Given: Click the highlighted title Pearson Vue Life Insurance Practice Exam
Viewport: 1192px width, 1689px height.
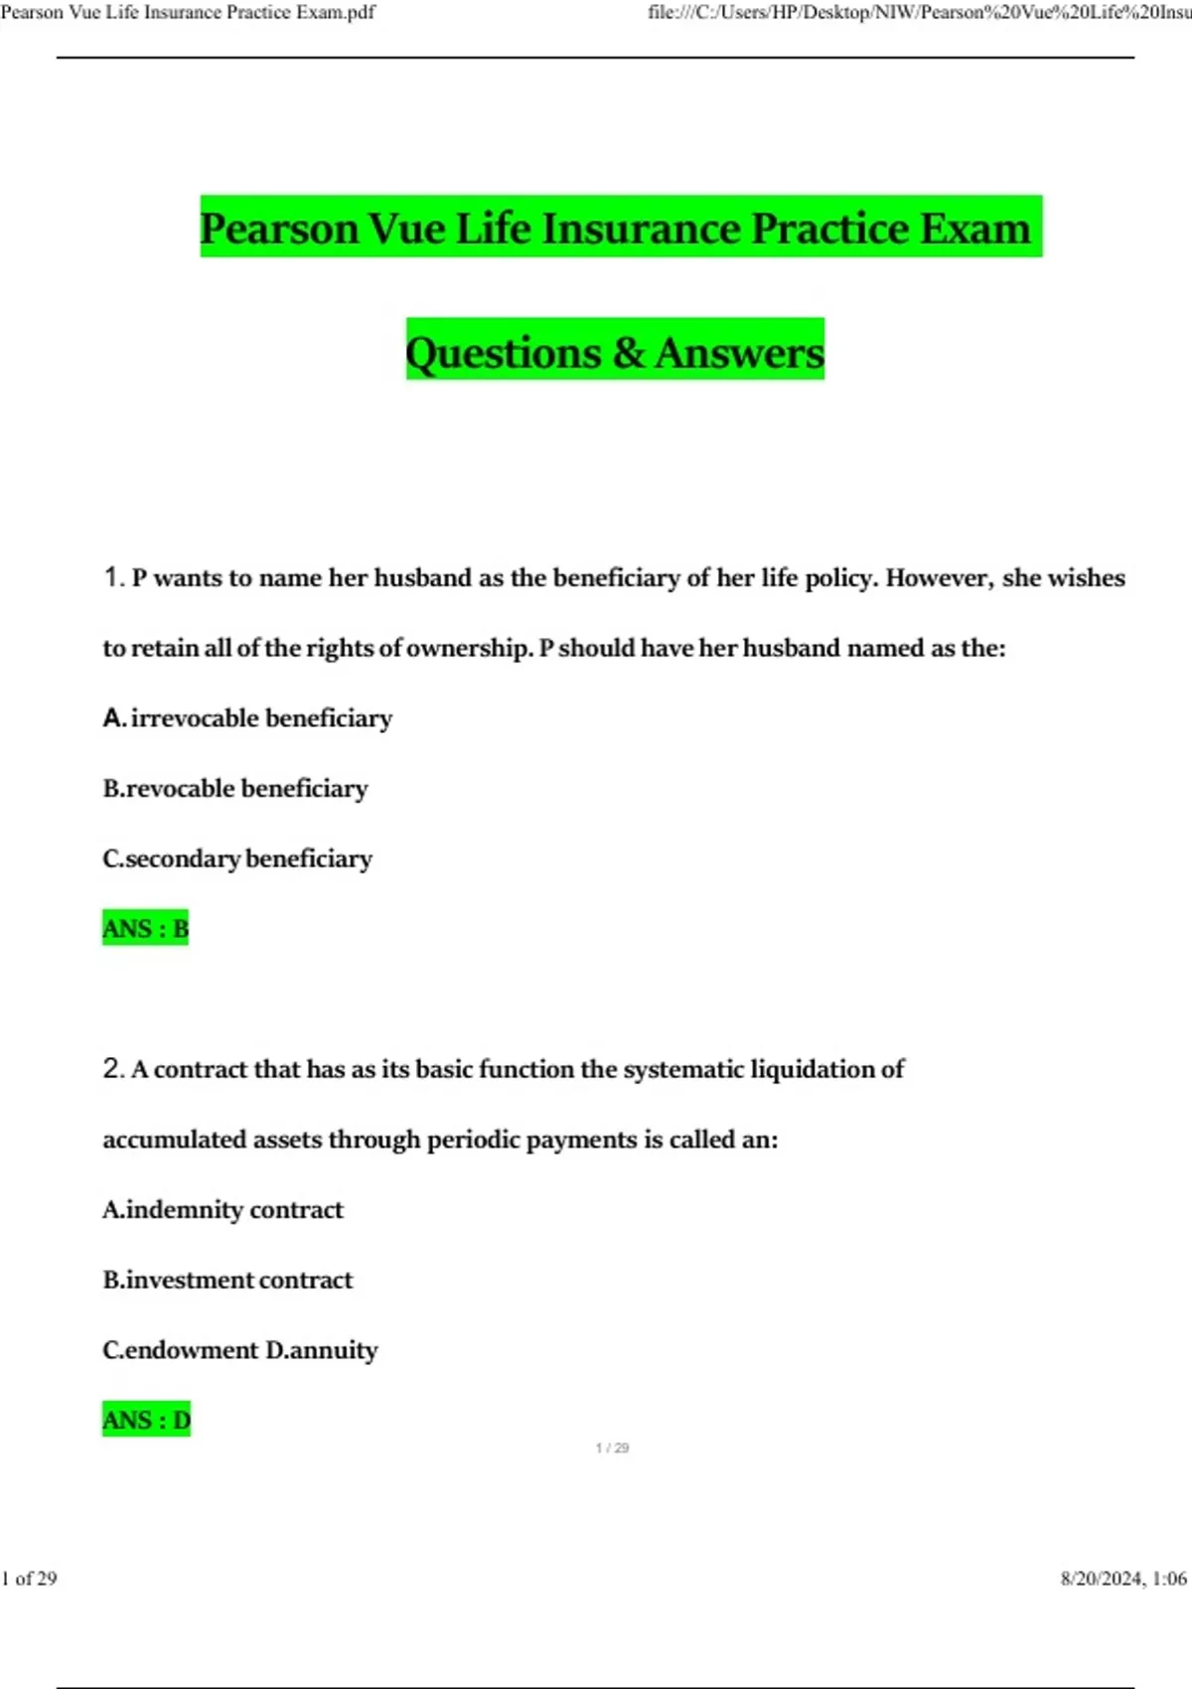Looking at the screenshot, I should tap(620, 228).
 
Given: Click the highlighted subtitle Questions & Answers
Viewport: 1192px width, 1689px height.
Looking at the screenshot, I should tap(615, 352).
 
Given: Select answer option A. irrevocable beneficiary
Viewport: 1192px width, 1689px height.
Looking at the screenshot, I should tap(247, 718).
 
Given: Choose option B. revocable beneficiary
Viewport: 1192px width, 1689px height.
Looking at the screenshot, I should tap(235, 789).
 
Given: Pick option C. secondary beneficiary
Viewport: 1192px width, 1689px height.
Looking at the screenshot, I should tap(237, 858).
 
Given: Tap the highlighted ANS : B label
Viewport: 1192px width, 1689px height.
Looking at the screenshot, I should tap(145, 928).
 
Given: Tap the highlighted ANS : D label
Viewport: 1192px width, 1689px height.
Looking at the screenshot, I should tap(146, 1420).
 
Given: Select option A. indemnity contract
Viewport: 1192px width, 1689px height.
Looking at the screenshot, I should tap(223, 1209).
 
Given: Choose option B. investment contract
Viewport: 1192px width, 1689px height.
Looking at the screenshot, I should tap(227, 1280).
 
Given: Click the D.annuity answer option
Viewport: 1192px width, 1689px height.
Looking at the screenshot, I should tap(322, 1350).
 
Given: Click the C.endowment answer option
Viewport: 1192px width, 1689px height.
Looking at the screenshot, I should tap(181, 1350).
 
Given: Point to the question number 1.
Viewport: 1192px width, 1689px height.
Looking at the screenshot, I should tap(113, 577).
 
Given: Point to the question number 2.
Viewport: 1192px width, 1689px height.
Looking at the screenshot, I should tap(113, 1069).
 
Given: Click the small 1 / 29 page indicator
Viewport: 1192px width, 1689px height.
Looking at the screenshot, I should tap(612, 1448).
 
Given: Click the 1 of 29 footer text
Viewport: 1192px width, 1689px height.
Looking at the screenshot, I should tap(30, 1579).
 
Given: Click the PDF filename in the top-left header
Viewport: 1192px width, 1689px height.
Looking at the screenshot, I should tap(188, 13).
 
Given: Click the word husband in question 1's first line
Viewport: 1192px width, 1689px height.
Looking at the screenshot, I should tap(422, 578).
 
